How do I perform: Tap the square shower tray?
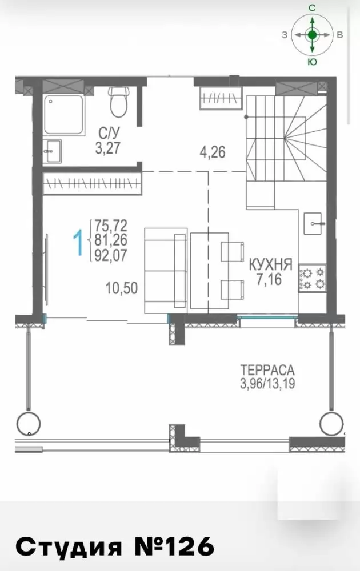pos(64,115)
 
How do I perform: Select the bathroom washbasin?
pos(52,151)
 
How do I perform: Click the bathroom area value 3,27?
pos(107,148)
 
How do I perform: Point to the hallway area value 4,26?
pos(213,152)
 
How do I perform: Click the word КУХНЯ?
pos(270,264)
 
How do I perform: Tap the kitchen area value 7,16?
pos(269,279)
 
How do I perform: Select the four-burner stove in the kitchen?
pos(312,278)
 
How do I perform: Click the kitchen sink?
pos(313,224)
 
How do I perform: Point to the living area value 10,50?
pos(122,288)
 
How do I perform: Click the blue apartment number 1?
pos(78,242)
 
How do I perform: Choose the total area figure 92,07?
pos(111,255)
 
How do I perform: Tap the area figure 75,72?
pos(111,226)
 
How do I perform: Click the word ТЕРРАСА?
pos(267,370)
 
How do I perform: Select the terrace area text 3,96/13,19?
pos(267,384)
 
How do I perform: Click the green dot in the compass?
pos(312,35)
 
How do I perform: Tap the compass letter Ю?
pos(312,62)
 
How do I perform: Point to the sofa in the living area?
pos(166,271)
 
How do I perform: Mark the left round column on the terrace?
pos(29,424)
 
